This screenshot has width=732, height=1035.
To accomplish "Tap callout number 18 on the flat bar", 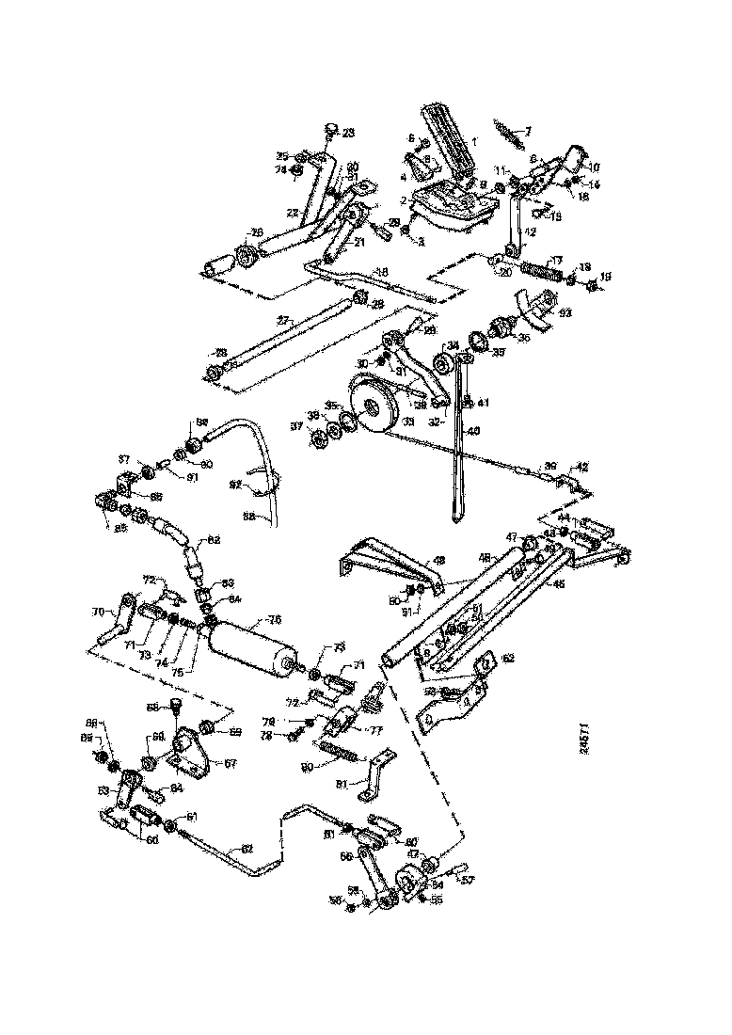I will [x=382, y=272].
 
